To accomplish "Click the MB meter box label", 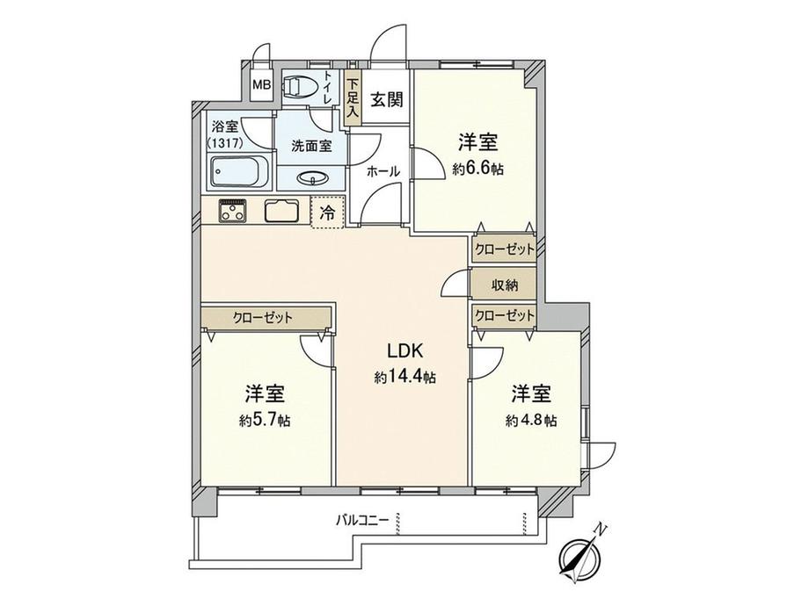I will point(261,85).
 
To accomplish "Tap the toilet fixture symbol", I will point(298,86).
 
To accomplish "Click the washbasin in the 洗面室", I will point(312,178).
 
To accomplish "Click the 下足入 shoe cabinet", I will point(353,97).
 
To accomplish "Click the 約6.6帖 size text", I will point(479,170).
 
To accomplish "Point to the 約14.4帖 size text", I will point(404,377).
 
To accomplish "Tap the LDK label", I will point(404,351).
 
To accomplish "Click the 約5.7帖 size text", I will point(265,420).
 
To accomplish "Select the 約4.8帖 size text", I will point(530,420).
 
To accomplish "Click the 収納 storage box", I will point(505,285).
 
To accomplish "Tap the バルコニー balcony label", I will point(361,520).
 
